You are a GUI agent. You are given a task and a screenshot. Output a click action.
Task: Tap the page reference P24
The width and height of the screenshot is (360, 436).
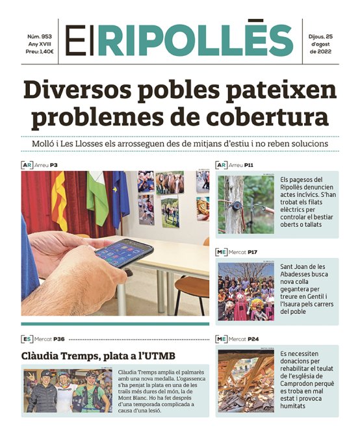[x=253, y=339]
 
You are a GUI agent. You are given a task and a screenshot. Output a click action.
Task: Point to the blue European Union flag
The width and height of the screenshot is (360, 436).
[x=120, y=198]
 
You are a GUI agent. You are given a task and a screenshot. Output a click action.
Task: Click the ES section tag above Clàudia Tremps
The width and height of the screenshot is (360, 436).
[x=27, y=339]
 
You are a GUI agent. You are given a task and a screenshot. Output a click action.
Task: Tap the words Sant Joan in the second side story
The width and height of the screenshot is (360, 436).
[x=296, y=266]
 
